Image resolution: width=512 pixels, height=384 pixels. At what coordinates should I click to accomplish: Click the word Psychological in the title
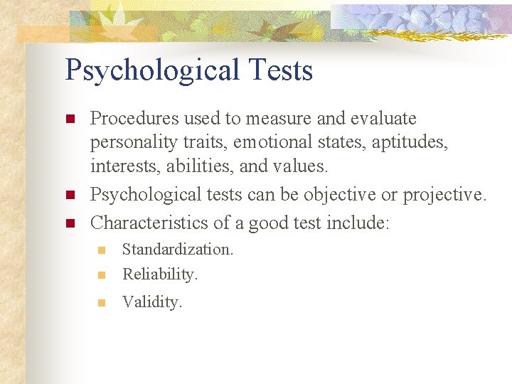[152, 71]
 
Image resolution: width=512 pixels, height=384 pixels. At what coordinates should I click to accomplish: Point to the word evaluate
[380, 118]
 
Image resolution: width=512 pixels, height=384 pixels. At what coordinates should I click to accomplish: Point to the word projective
[445, 194]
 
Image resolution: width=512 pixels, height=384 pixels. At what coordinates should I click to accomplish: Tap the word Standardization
[178, 250]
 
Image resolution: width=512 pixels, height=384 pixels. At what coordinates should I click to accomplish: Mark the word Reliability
[160, 274]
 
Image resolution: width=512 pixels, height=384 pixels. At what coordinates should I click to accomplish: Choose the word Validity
[152, 302]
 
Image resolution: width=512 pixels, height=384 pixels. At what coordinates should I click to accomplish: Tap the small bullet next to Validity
[101, 303]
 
